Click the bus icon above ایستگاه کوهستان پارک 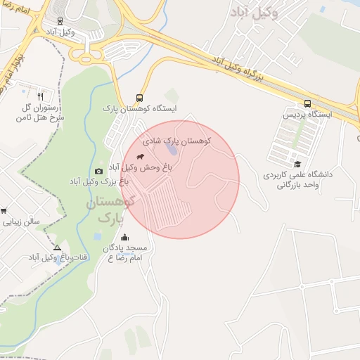click(139, 98)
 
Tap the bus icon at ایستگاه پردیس click(307, 103)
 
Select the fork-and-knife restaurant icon click(40, 96)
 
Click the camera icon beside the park click(98, 171)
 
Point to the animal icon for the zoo click(141, 155)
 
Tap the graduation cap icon click(297, 163)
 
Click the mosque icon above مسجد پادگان click(125, 237)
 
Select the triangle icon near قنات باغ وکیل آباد click(57, 247)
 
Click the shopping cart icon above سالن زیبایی click(4, 210)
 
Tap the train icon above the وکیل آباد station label click(60, 21)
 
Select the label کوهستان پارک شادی click(177, 141)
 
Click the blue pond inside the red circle click(172, 150)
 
